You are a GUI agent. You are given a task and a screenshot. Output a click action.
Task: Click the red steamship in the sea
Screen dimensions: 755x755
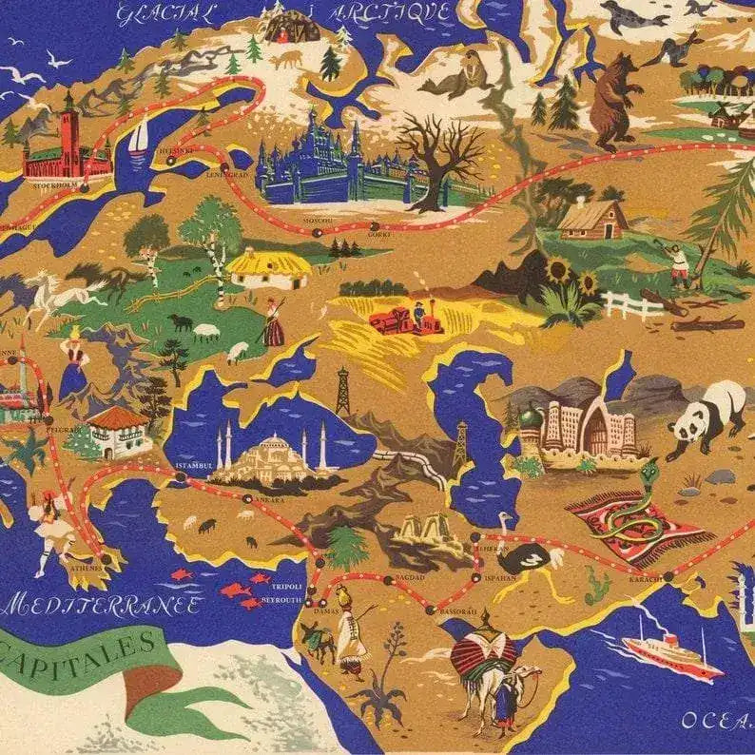671,652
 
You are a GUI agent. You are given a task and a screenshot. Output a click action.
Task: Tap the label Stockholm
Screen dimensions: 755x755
54,186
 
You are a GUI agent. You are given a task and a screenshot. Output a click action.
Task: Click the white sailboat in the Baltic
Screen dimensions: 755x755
139,138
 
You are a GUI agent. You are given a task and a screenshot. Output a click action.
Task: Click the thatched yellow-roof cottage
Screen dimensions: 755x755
269,267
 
